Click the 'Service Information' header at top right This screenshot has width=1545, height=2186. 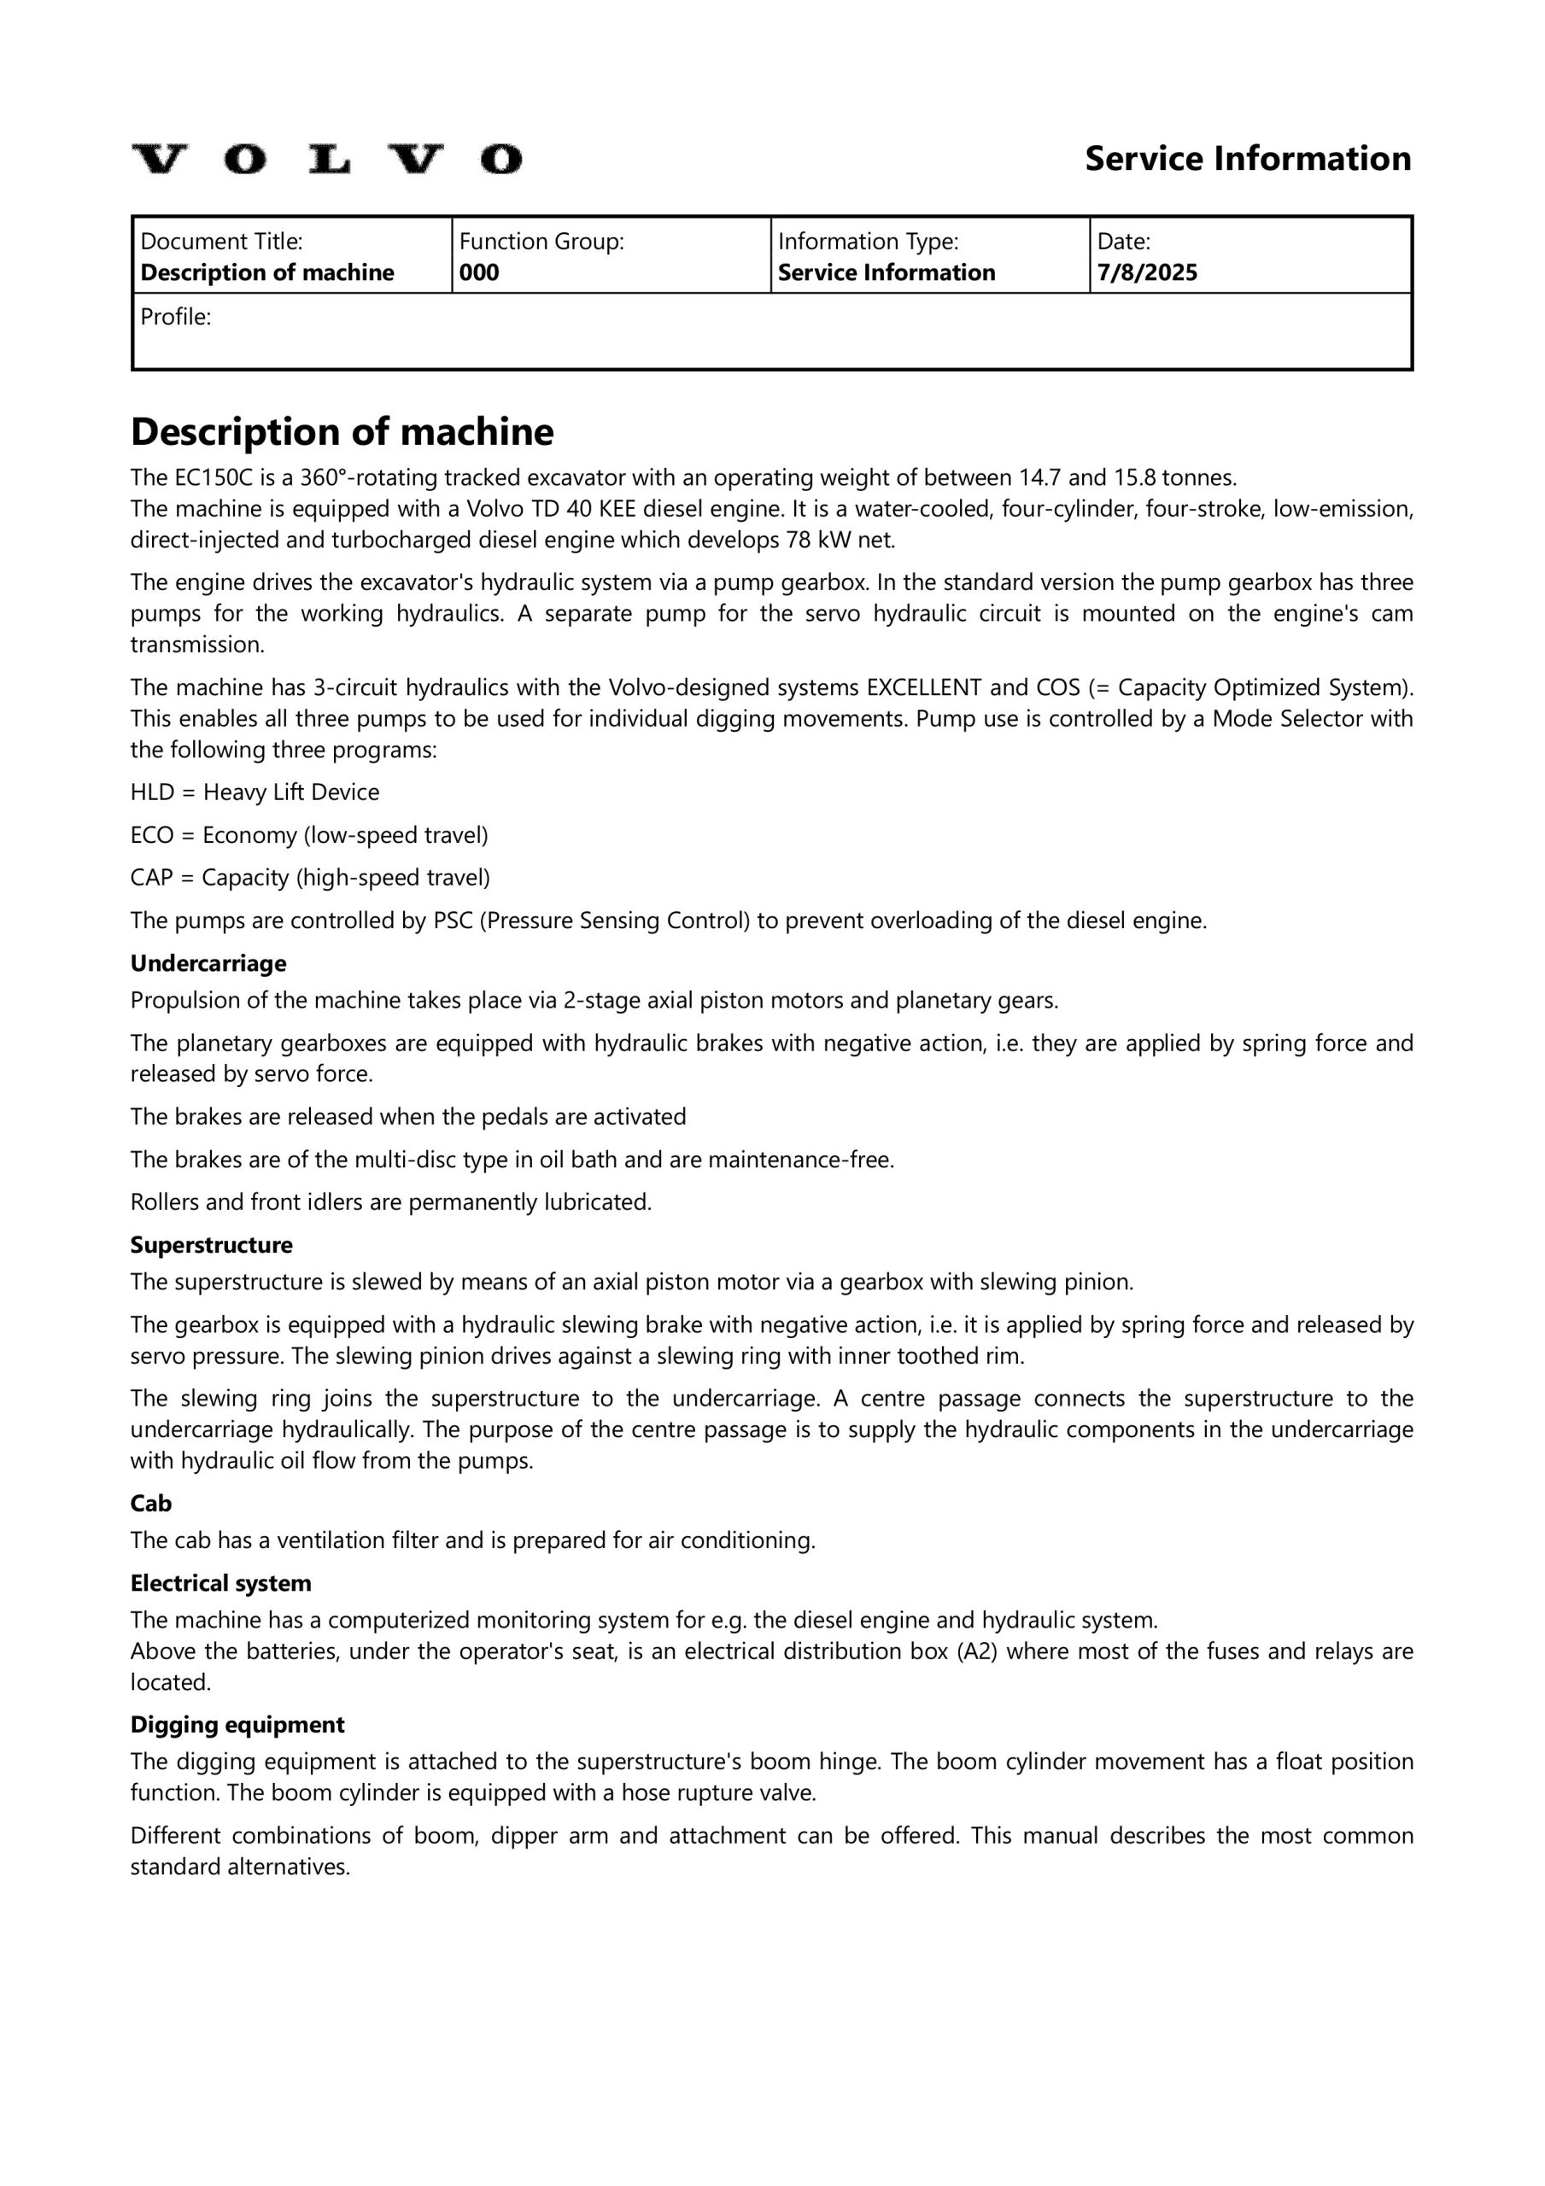[1247, 159]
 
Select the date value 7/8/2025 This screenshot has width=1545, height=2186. [1147, 273]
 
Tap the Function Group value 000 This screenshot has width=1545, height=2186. [479, 273]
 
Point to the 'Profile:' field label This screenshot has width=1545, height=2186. [175, 318]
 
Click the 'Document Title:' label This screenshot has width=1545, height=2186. [221, 242]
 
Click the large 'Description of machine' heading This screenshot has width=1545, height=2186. [341, 432]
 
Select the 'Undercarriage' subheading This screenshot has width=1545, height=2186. [208, 963]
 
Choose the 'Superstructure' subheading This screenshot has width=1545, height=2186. [212, 1245]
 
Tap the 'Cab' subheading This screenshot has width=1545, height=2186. [150, 1504]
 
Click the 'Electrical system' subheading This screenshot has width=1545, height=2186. [221, 1583]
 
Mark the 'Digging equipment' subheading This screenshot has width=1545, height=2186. [237, 1725]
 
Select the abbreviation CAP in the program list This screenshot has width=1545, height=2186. [150, 878]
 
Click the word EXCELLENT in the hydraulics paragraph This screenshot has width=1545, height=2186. [923, 687]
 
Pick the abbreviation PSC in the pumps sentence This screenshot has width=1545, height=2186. [454, 921]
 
